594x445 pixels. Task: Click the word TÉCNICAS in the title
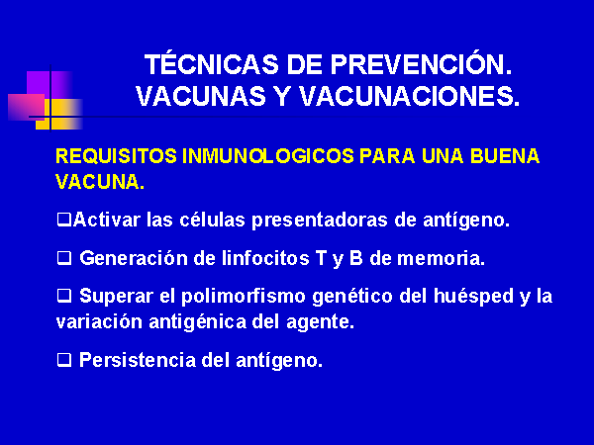point(212,63)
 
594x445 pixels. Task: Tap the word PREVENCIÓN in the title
point(422,63)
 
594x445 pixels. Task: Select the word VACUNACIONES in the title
point(409,96)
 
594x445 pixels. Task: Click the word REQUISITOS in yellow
point(116,156)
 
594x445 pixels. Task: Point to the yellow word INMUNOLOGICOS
point(268,156)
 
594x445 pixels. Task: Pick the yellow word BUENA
point(505,156)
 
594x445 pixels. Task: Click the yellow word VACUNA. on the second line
point(100,182)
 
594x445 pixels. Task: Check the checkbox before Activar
point(64,220)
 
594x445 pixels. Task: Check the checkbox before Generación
point(64,258)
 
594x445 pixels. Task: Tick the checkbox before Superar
point(64,296)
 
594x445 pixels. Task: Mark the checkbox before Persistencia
point(64,360)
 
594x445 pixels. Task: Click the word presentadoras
point(320,221)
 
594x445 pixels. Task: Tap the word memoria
point(441,258)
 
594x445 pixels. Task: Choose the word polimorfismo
point(244,297)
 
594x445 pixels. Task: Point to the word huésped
point(473,297)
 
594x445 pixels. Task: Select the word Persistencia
point(138,360)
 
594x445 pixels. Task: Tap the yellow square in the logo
point(59,114)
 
